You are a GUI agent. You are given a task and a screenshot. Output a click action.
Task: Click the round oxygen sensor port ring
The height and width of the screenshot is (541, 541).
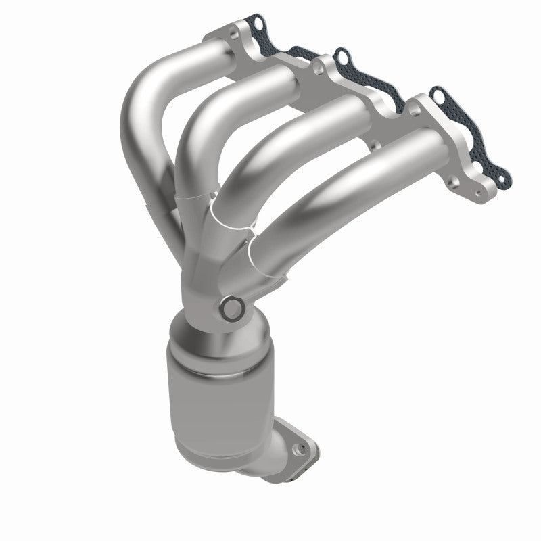pos(232,309)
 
